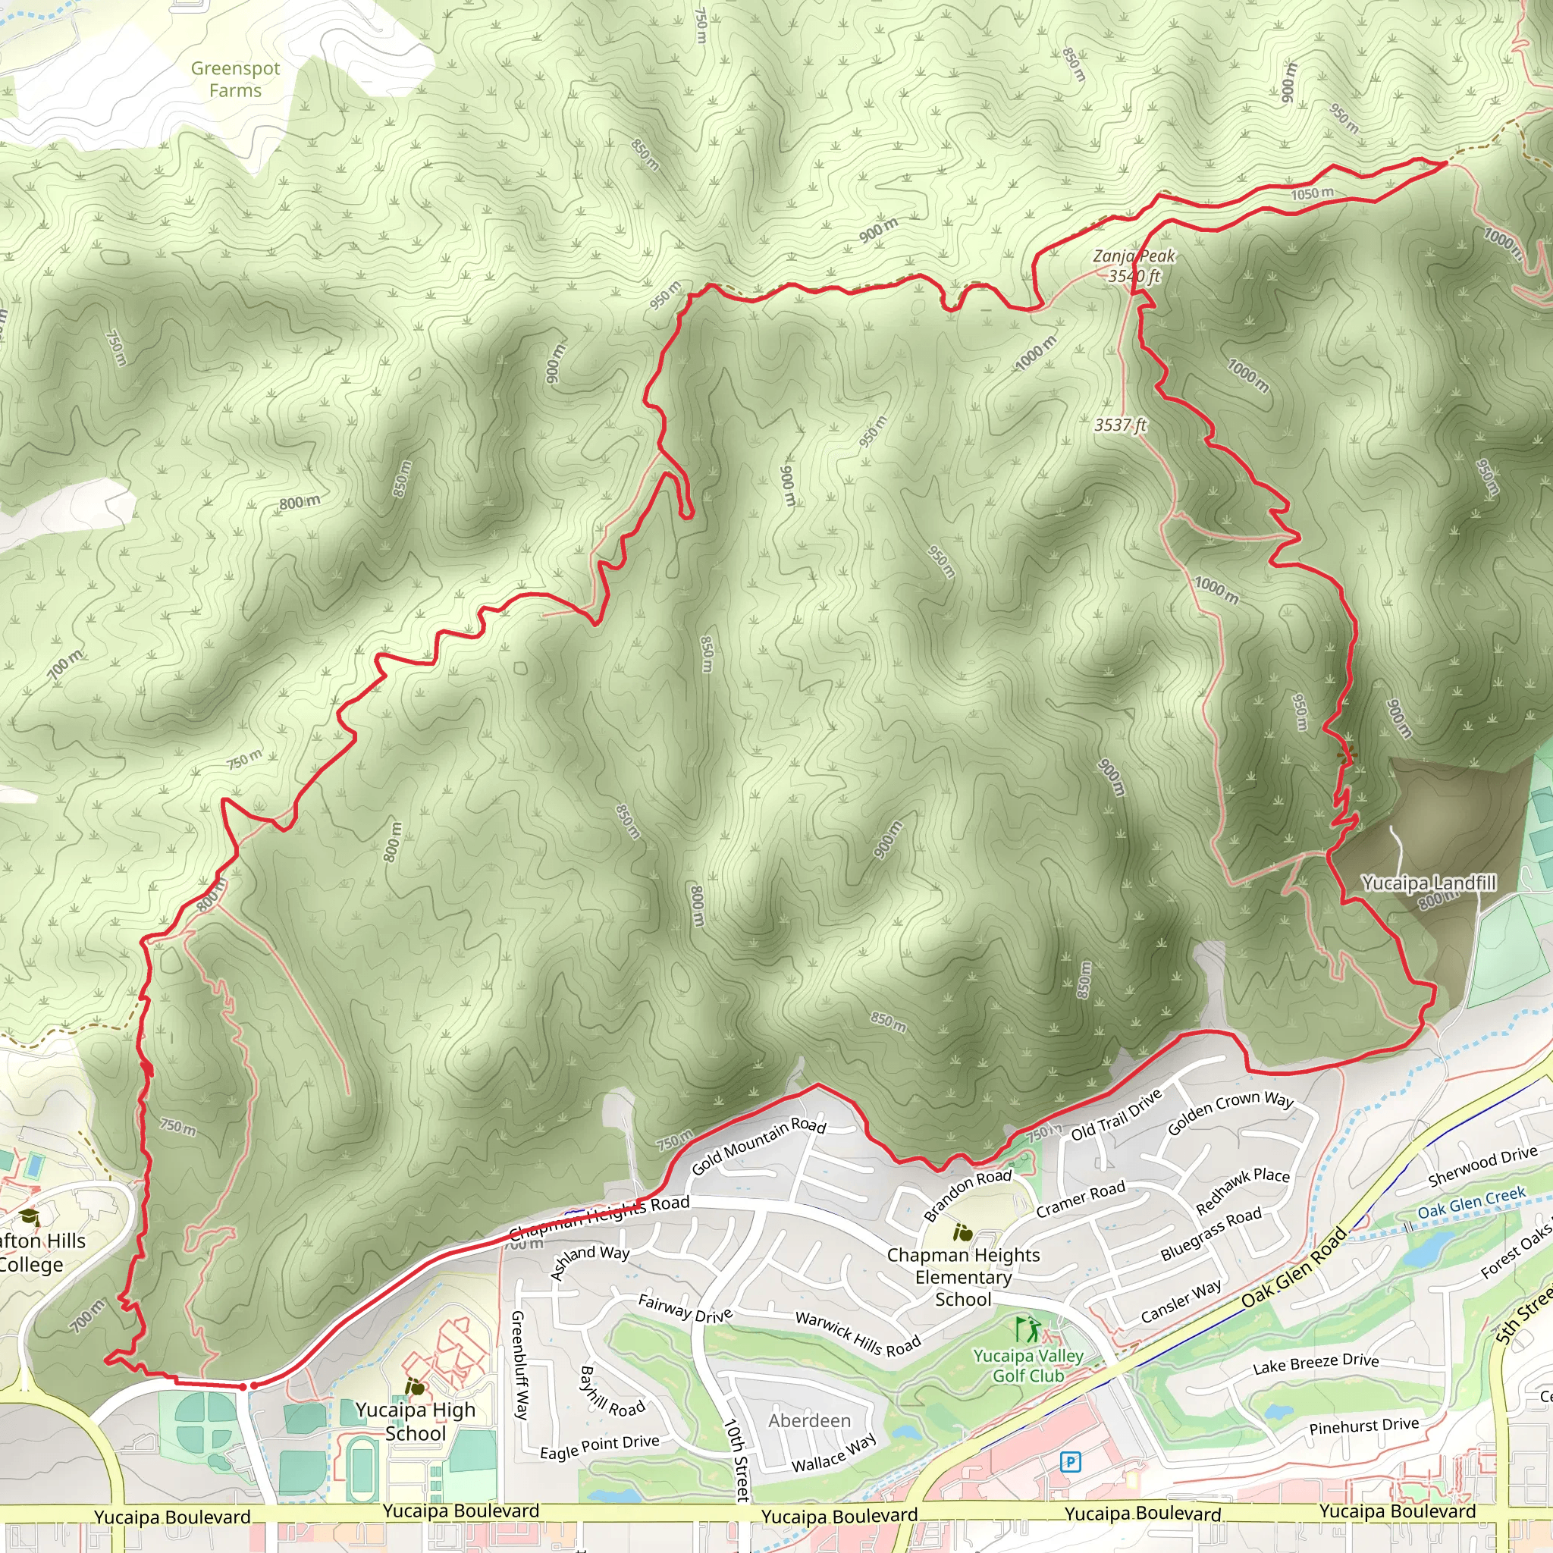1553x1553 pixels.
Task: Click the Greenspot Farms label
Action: pos(235,80)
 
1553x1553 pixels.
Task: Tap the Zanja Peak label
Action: pos(1134,256)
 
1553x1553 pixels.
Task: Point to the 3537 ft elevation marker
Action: pos(1120,425)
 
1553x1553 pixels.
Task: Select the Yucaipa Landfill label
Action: pos(1429,883)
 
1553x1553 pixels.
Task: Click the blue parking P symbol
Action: pos(1070,1461)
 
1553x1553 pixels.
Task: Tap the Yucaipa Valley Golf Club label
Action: pos(1028,1366)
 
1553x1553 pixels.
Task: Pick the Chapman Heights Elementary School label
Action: pos(963,1276)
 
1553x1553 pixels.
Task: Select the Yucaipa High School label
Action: pos(416,1421)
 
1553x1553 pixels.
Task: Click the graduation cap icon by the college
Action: pos(29,1218)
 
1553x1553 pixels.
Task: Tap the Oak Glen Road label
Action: pos(1294,1267)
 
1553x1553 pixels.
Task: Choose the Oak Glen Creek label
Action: pos(1471,1203)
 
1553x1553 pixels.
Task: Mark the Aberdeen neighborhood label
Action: pos(808,1420)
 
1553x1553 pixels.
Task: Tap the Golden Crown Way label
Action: pos(1229,1112)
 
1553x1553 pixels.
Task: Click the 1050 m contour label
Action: pos(1312,193)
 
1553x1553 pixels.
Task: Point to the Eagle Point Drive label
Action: pos(599,1447)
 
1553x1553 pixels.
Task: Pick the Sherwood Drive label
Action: pos(1482,1166)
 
